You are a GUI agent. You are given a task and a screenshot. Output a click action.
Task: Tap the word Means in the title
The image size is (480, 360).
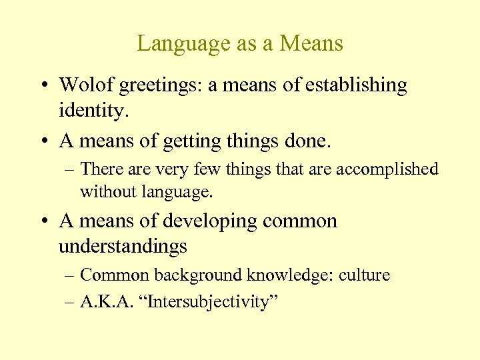[312, 44]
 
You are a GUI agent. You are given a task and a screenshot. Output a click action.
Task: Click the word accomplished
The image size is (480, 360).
[387, 170]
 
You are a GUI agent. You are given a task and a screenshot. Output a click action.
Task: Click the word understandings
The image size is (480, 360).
[123, 247]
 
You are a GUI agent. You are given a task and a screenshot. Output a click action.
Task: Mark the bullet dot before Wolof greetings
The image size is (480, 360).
[42, 86]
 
